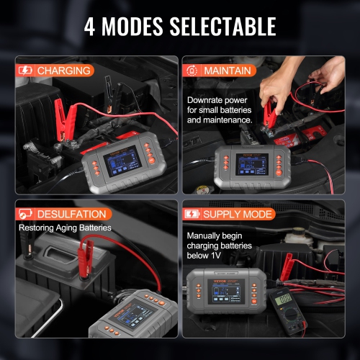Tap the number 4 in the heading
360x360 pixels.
(x=91, y=27)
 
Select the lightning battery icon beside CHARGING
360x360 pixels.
(x=24, y=71)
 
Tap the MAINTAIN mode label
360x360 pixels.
(x=228, y=71)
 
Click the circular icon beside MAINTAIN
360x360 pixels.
(x=193, y=71)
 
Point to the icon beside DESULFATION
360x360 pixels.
(x=24, y=214)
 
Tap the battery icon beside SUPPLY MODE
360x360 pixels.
(x=193, y=214)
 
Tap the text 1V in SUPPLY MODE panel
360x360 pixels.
(x=223, y=254)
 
